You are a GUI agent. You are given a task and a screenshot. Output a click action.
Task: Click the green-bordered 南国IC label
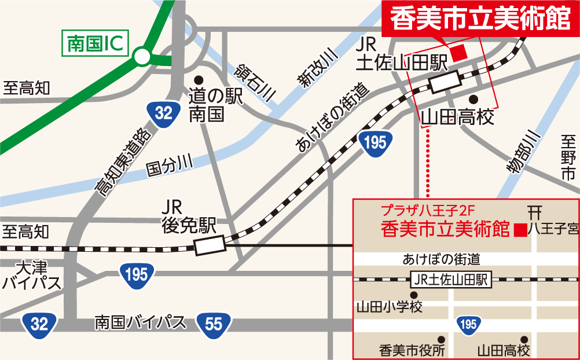[95, 45]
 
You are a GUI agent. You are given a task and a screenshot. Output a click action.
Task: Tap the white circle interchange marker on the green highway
[141, 57]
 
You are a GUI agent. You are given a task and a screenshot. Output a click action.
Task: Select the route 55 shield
[214, 324]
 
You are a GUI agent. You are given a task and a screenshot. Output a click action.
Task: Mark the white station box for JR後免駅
[210, 246]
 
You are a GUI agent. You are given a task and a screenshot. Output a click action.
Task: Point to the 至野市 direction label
[567, 156]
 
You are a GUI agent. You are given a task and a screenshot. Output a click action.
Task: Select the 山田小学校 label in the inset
[389, 306]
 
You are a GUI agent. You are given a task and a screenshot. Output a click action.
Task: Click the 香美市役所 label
[412, 350]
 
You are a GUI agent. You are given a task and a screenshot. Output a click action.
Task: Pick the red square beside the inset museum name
[520, 230]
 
